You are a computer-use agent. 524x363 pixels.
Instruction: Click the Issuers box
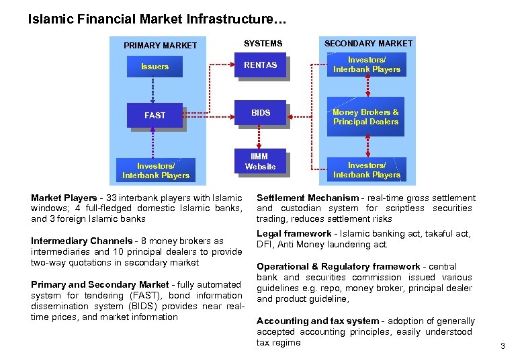point(155,67)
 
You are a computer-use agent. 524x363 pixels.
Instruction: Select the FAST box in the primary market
point(155,115)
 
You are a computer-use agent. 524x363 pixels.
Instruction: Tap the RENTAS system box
point(260,65)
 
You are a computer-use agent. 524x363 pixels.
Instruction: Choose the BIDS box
point(261,113)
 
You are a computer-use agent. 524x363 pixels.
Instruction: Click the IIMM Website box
point(260,161)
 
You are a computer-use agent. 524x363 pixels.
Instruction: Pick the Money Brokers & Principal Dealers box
point(366,117)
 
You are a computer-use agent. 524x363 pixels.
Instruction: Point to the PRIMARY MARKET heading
point(161,46)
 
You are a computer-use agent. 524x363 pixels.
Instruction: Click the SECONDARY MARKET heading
point(369,43)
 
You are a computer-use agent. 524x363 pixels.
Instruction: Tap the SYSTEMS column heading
point(263,43)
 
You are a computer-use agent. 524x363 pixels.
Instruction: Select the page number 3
point(503,346)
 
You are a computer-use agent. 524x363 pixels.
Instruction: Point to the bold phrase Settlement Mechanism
point(308,198)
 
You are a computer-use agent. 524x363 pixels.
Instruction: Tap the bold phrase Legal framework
point(294,233)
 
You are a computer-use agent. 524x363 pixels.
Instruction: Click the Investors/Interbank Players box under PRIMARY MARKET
point(156,170)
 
